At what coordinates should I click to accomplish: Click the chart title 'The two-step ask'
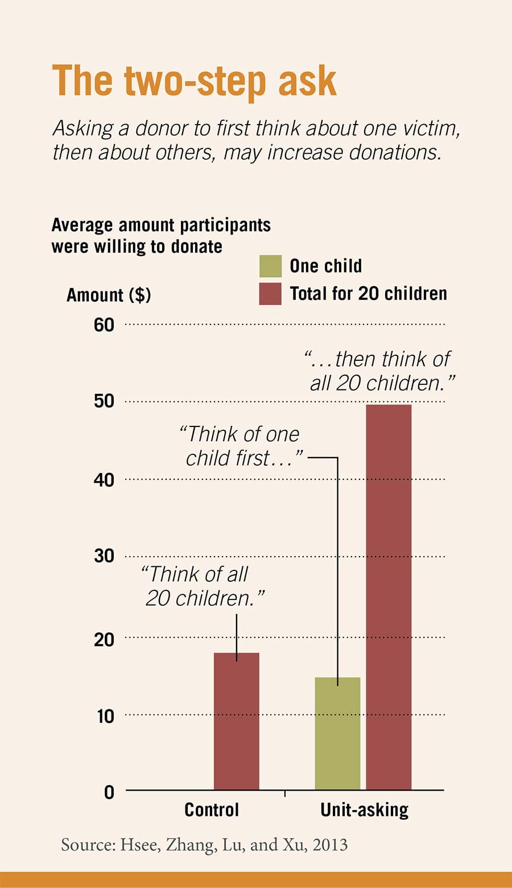point(194,81)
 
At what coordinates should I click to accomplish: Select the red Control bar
point(236,721)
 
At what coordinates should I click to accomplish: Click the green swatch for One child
point(270,266)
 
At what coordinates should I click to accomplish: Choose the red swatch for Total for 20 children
point(270,294)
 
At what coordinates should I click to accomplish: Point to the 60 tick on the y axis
point(104,325)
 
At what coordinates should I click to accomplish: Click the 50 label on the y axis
point(104,401)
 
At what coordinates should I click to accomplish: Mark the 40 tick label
point(104,480)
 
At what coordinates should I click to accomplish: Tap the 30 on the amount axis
point(104,556)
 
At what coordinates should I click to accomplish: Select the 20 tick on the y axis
point(104,639)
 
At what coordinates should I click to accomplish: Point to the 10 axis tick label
point(105,716)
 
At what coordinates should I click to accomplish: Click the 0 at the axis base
point(109,792)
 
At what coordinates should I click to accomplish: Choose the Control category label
point(212,810)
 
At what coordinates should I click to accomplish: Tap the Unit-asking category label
point(364,810)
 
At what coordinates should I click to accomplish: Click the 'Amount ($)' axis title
point(109,295)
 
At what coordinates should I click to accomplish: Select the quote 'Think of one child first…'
point(241,446)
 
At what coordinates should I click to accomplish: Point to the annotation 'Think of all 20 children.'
point(202,586)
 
